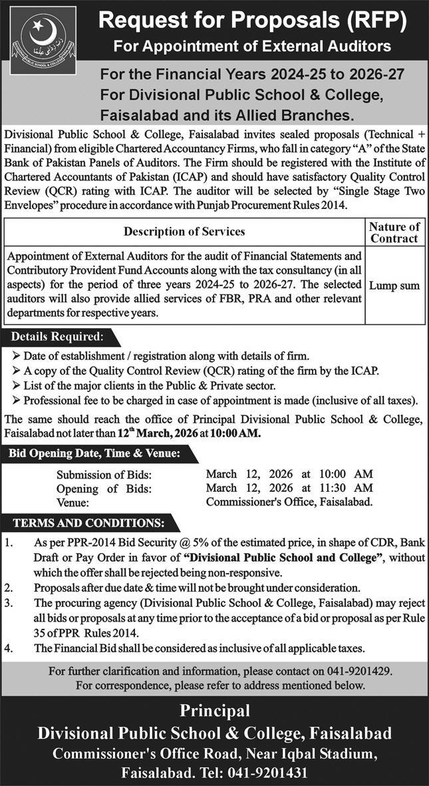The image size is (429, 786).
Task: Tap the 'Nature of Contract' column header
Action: pyautogui.click(x=394, y=232)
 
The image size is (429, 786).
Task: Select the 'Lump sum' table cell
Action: pyautogui.click(x=394, y=286)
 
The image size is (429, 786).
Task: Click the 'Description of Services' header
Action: pyautogui.click(x=184, y=232)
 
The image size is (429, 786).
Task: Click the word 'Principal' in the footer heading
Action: pyautogui.click(x=214, y=711)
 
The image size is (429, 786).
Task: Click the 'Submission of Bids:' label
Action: pyautogui.click(x=104, y=474)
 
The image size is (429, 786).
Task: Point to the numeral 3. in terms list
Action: pyautogui.click(x=9, y=604)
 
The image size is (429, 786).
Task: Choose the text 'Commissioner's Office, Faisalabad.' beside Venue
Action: pyautogui.click(x=289, y=502)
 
